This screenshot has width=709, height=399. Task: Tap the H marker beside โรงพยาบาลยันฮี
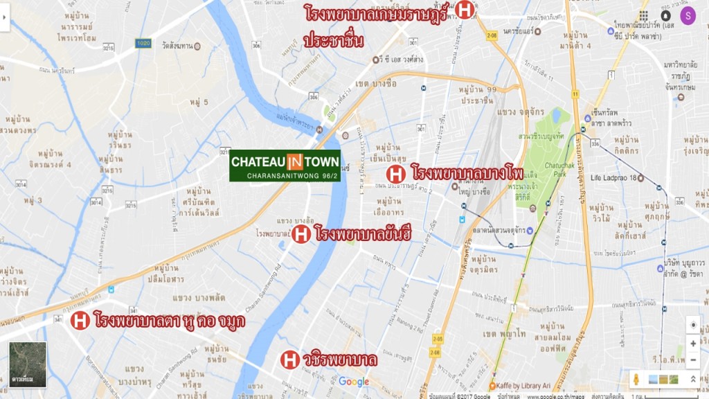click(300, 233)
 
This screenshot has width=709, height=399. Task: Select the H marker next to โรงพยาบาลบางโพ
click(396, 174)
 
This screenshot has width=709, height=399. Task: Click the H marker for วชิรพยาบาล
click(290, 360)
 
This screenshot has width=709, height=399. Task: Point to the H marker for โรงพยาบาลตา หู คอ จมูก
click(80, 320)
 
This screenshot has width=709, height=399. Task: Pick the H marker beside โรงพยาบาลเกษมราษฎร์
click(465, 10)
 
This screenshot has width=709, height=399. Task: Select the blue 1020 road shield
click(143, 43)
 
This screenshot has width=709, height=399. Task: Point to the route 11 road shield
click(575, 94)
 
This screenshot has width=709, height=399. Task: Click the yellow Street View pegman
click(635, 379)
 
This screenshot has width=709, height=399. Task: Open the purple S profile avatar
click(688, 15)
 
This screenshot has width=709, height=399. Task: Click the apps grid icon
click(644, 15)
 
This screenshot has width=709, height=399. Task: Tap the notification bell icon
click(665, 15)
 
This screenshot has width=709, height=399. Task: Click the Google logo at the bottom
click(354, 382)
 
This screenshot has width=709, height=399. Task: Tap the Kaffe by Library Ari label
click(526, 385)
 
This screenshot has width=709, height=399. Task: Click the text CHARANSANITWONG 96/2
click(285, 175)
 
